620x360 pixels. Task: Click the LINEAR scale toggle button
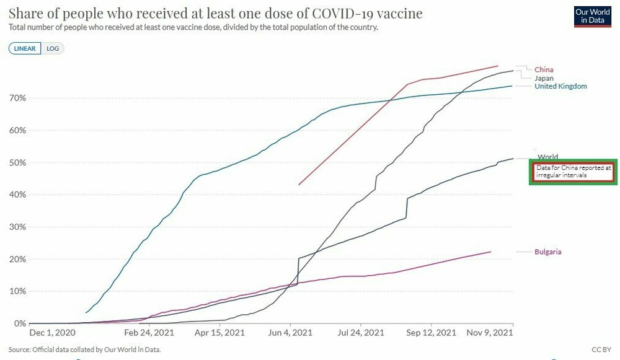25,48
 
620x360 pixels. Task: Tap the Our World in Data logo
588,16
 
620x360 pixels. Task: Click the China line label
544,70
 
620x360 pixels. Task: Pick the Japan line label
544,78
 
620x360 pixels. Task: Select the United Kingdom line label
560,86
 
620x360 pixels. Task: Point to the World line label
547,157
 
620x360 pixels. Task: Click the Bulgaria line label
548,252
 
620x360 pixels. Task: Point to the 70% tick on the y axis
17,98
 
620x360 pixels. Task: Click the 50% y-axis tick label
17,162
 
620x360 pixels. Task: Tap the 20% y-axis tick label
17,259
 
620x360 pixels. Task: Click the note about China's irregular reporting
574,172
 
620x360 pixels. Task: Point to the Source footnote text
85,350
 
